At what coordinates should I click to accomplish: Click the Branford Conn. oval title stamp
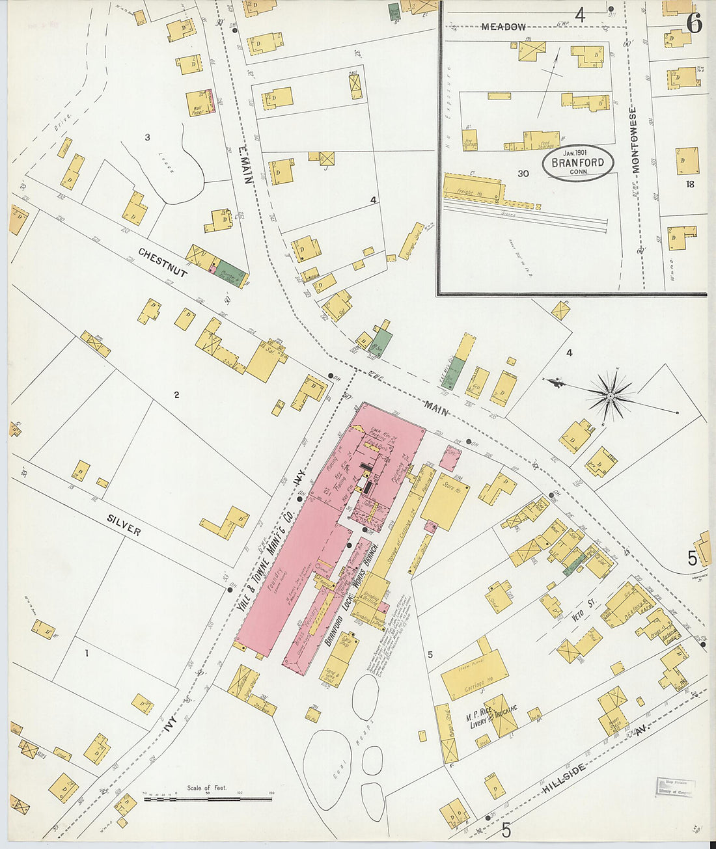[578, 163]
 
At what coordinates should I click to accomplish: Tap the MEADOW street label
[503, 27]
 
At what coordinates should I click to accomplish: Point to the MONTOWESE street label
[635, 140]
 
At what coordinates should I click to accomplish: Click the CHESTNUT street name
[163, 262]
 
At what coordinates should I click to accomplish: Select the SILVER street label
[124, 521]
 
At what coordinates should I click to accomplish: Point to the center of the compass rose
[611, 395]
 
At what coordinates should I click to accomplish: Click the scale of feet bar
[207, 798]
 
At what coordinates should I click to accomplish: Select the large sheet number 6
[693, 24]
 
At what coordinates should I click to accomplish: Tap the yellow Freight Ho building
[473, 188]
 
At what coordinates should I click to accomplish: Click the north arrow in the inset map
[549, 85]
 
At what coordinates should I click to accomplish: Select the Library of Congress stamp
[675, 787]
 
